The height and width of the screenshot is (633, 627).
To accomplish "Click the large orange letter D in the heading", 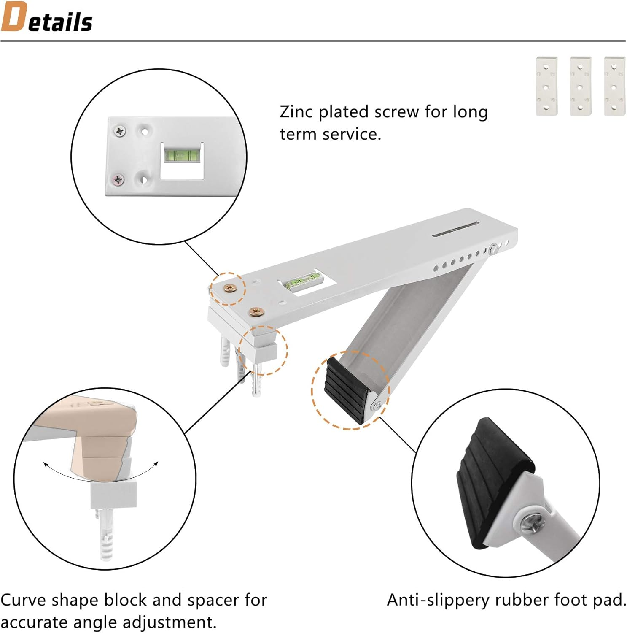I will coord(14,17).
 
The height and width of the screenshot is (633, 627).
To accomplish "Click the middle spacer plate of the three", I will coord(580,86).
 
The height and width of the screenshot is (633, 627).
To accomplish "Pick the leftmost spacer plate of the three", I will coord(546,86).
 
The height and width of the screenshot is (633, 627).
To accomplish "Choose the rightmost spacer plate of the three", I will coord(614,86).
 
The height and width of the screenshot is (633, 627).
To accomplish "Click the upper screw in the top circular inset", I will coord(120,131).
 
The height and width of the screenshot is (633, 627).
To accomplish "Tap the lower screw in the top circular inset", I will coord(118,180).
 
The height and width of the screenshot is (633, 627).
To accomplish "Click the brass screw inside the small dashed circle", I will coord(230,288).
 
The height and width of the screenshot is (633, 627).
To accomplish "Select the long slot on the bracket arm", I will coord(455,229).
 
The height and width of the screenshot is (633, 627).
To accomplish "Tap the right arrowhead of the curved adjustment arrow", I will coord(156,464).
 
